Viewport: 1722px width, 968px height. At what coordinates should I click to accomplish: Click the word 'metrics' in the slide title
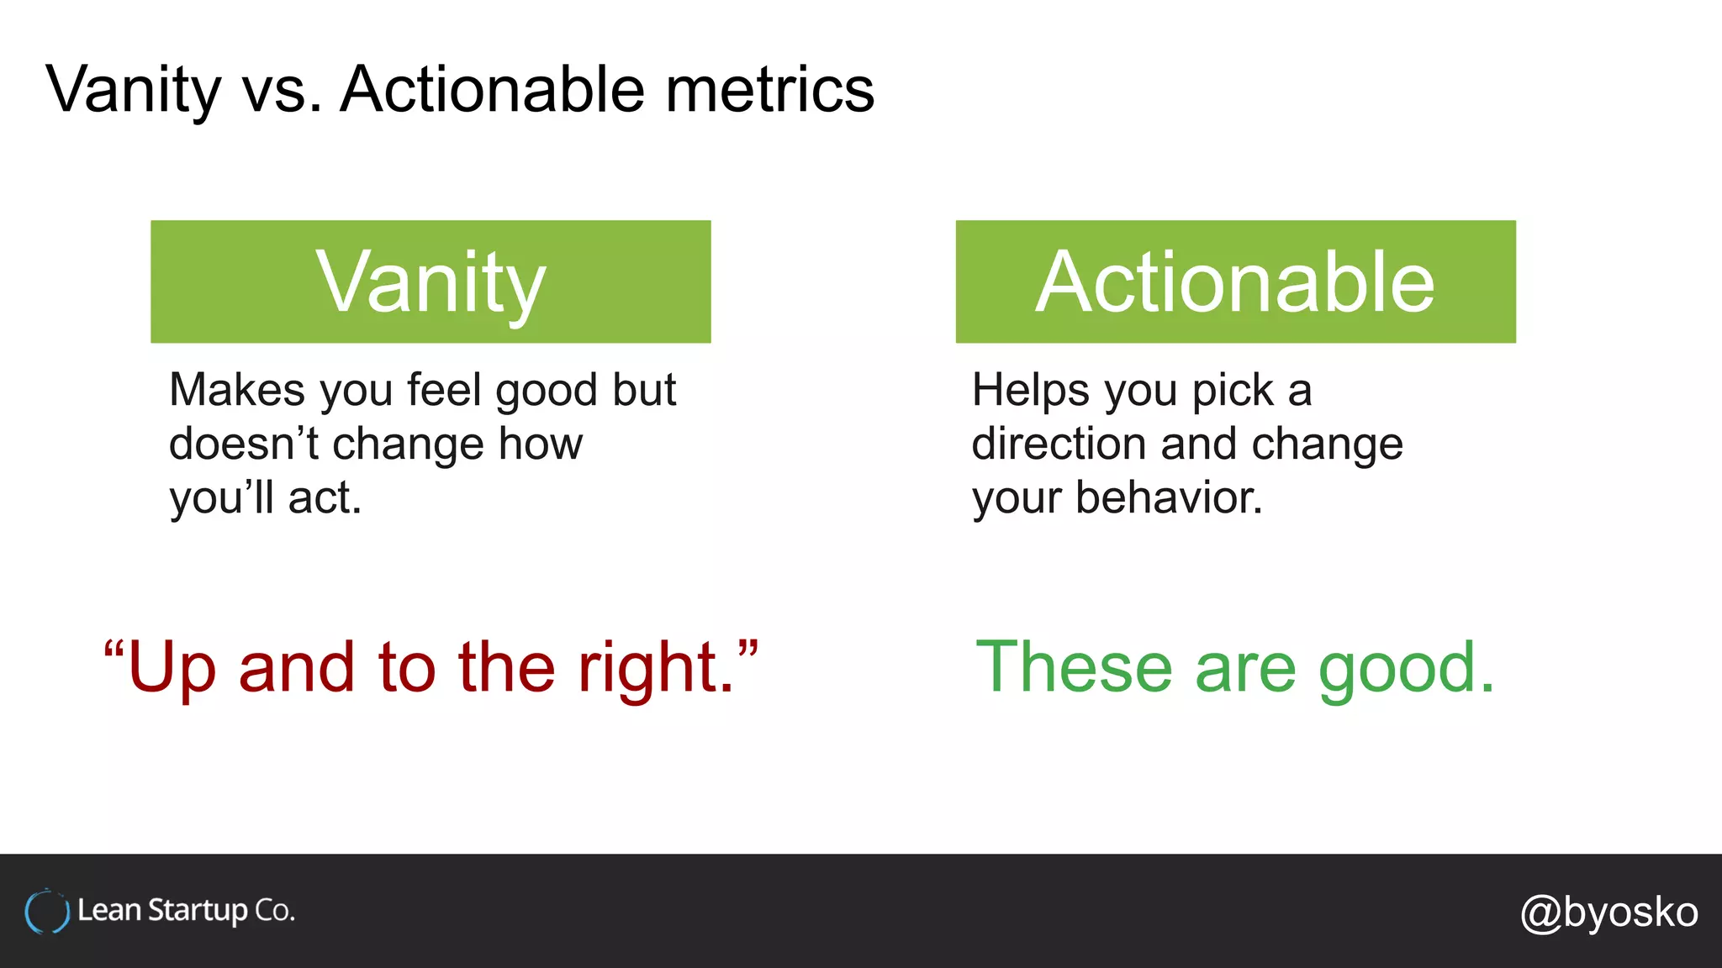click(769, 89)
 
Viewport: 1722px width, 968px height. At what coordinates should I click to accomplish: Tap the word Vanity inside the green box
click(430, 282)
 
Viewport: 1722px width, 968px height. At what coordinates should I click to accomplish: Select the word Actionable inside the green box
click(1234, 282)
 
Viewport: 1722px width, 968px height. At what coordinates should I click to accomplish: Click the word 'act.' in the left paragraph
click(325, 497)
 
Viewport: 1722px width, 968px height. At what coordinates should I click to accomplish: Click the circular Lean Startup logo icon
click(47, 912)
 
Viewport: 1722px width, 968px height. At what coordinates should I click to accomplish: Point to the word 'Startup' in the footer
click(198, 911)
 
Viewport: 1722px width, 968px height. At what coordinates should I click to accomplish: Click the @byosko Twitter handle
click(1608, 912)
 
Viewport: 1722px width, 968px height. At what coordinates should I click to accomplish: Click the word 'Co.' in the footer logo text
click(275, 911)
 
